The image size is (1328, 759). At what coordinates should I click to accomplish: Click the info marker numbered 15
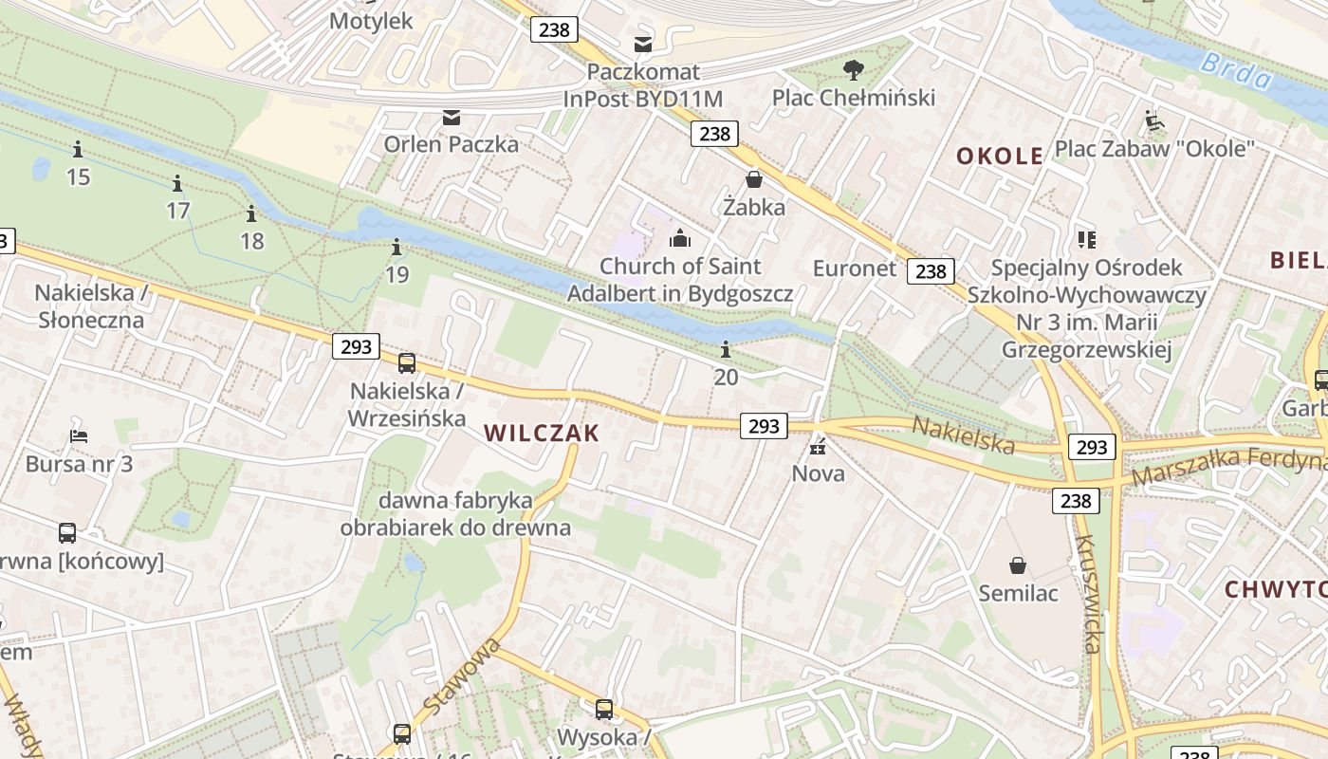tap(78, 150)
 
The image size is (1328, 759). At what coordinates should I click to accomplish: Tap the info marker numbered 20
tap(726, 350)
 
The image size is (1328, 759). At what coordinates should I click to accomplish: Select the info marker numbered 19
tap(397, 249)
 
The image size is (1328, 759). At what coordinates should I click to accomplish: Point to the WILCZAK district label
tap(542, 434)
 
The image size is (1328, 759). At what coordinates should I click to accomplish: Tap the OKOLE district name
tap(1000, 157)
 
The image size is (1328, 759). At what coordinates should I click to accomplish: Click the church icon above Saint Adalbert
tap(680, 238)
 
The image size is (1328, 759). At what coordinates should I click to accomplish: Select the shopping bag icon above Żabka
tap(754, 179)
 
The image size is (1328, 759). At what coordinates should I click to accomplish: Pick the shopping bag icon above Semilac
tap(1018, 566)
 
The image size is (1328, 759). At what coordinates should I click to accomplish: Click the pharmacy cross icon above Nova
tap(818, 446)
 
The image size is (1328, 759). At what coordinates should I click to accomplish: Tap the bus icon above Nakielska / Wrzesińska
tap(407, 362)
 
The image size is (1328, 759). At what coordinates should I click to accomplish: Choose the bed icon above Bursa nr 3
tap(79, 437)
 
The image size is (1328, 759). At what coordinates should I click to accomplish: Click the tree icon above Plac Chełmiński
tap(854, 69)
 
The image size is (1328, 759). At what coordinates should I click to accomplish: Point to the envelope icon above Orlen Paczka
tap(452, 118)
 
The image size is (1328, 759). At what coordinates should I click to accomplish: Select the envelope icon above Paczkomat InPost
tap(643, 44)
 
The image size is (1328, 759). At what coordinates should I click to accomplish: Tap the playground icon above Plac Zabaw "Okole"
tap(1154, 120)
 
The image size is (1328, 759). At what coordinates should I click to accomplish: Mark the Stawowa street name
tap(461, 677)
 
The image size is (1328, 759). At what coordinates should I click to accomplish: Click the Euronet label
tap(854, 268)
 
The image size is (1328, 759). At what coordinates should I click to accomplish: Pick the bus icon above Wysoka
tap(604, 710)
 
